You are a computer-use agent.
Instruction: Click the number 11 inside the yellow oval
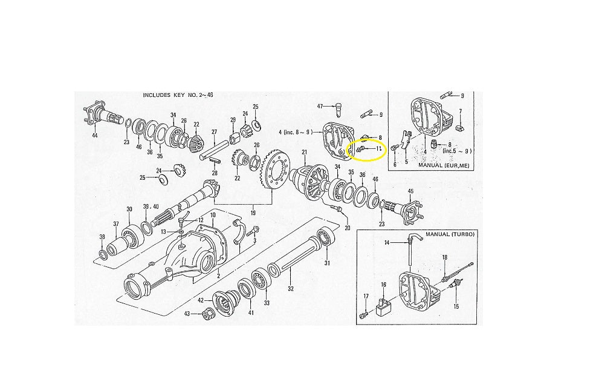tap(378, 148)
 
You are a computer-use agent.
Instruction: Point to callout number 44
tap(94, 136)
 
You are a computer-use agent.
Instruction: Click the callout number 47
tap(321, 106)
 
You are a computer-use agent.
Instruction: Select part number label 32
tap(291, 289)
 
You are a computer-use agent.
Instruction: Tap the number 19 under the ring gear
tap(253, 213)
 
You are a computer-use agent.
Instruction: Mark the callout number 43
tap(187, 313)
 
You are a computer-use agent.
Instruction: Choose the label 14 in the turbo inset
tap(387, 242)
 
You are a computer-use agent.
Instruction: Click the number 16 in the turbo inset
tap(383, 284)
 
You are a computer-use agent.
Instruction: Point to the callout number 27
tap(213, 131)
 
